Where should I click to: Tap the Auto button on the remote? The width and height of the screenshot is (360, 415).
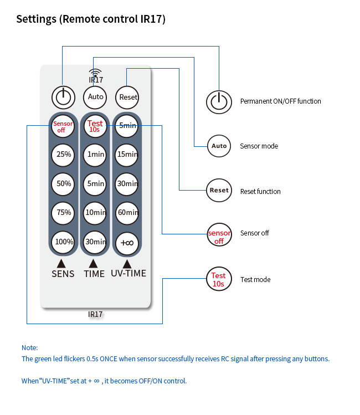point(95,97)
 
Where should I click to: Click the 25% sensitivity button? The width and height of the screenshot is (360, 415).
point(63,155)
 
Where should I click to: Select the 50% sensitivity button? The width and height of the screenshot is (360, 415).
point(63,183)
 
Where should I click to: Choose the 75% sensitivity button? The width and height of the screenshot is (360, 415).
point(63,212)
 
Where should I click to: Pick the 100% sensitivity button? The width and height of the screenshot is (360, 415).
point(63,242)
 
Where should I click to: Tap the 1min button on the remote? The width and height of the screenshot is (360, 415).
point(95,155)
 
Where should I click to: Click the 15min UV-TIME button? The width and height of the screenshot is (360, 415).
point(128,155)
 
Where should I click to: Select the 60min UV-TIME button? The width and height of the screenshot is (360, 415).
point(128,212)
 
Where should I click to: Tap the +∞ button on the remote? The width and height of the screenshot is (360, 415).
point(128,242)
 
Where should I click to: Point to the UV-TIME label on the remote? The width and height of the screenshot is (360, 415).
point(128,274)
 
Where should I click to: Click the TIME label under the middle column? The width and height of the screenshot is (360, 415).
point(94,274)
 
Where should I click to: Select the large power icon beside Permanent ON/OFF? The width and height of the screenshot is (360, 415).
point(219,101)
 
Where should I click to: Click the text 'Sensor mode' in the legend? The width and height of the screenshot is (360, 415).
point(259,146)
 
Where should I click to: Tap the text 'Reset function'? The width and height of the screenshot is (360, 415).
point(260,192)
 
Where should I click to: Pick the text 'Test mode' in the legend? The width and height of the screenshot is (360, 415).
point(255,280)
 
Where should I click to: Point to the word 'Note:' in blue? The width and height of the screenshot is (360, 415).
point(29,348)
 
